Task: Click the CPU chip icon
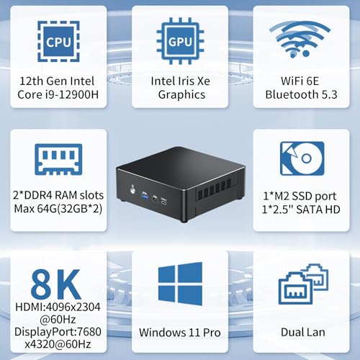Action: click(x=58, y=41)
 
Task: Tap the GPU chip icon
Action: click(x=180, y=41)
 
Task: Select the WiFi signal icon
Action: click(x=300, y=39)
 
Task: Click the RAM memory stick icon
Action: click(x=58, y=159)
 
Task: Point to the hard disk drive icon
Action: click(x=302, y=158)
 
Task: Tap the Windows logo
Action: click(x=180, y=284)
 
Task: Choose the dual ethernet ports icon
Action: click(x=303, y=284)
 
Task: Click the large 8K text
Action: click(x=55, y=284)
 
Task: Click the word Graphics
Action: click(x=181, y=94)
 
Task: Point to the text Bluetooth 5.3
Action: click(x=301, y=94)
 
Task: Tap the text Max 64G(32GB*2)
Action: click(x=58, y=209)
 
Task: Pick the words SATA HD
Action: click(x=318, y=210)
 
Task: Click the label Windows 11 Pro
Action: click(x=180, y=333)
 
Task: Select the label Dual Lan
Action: click(x=303, y=333)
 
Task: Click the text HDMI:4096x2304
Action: click(x=58, y=307)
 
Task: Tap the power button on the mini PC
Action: click(x=132, y=189)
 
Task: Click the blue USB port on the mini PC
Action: click(x=145, y=194)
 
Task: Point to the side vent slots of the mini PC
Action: click(x=213, y=188)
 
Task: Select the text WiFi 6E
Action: click(x=300, y=81)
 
